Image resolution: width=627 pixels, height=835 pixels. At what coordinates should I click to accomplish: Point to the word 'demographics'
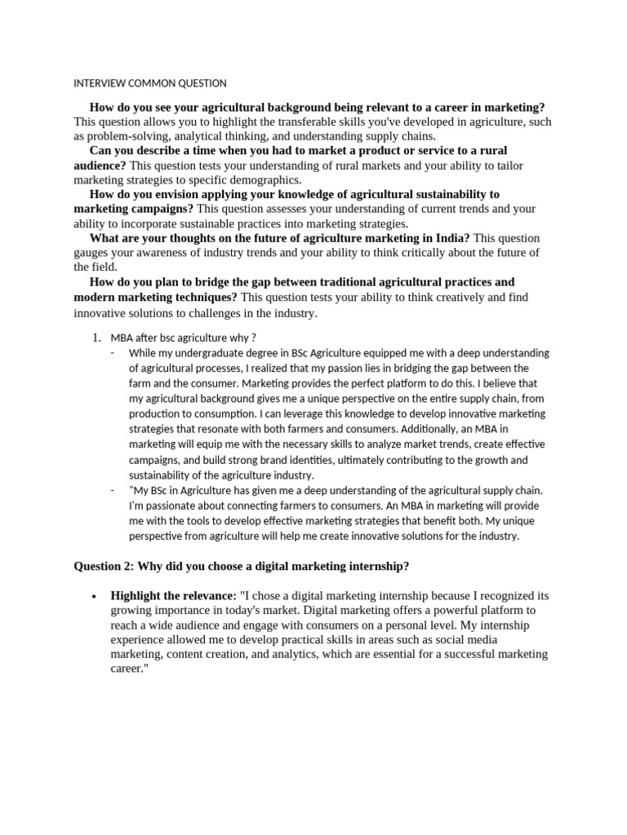(x=265, y=179)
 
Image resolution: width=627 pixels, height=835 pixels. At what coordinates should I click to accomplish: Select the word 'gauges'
(x=91, y=252)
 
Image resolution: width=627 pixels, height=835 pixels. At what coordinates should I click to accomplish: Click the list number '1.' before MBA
(x=96, y=338)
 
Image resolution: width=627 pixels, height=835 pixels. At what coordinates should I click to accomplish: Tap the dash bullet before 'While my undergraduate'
(x=112, y=353)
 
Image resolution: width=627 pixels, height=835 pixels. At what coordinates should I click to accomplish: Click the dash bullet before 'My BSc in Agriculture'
(x=112, y=490)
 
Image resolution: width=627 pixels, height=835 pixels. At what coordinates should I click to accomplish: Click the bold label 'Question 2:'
(x=104, y=566)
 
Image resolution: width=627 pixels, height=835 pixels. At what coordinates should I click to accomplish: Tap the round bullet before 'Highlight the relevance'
(x=96, y=596)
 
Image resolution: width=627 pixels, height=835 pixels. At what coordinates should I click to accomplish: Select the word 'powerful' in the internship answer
(x=424, y=610)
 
